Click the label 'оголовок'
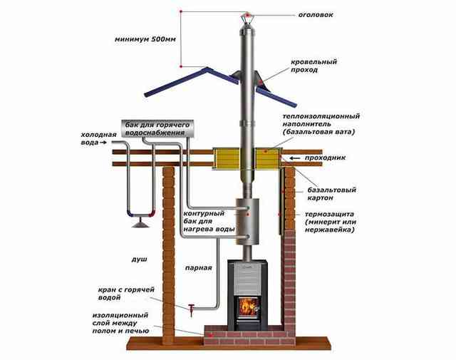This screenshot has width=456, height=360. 316,14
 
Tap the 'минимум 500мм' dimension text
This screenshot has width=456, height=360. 145,39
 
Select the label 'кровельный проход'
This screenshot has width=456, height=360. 313,66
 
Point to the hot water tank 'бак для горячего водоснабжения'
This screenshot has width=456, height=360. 157,128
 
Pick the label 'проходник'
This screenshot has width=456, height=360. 325,158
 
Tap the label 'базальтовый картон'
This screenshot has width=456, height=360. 331,194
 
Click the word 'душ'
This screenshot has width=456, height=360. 140,259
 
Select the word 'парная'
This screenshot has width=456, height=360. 199,268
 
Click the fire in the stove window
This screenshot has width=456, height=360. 249,307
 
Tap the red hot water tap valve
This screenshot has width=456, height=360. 191,310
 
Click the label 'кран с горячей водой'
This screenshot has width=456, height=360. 126,294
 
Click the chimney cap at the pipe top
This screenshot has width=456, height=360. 247,18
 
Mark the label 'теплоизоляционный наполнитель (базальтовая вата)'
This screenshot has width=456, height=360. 321,124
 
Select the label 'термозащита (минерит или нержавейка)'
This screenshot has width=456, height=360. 331,222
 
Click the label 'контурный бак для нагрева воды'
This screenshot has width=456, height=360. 209,221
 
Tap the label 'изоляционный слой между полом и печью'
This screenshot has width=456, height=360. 120,323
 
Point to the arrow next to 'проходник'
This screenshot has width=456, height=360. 295,158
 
